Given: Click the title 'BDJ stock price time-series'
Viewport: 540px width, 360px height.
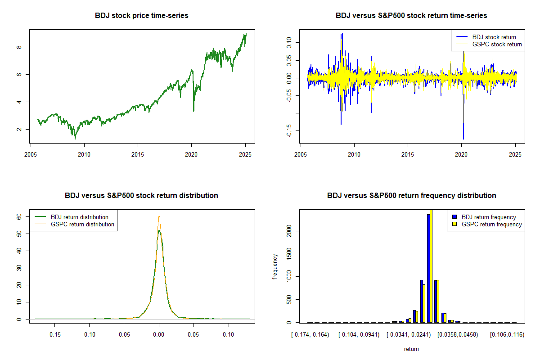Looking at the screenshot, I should (x=142, y=16).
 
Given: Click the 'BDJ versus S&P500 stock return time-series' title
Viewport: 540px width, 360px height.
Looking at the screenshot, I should (x=411, y=16).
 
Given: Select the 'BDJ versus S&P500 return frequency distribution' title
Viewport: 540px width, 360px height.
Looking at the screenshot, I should (x=411, y=196).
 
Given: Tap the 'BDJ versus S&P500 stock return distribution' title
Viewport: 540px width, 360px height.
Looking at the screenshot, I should (x=142, y=196).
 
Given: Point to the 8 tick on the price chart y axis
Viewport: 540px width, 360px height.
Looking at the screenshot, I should (x=21, y=47).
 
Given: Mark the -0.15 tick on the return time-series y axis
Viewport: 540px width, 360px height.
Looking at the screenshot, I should (x=291, y=131).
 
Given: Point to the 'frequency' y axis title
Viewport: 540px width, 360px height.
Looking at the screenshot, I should (x=275, y=266).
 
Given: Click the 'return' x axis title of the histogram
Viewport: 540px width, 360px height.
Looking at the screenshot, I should (x=411, y=349).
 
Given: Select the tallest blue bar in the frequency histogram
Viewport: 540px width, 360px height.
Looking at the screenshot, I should (x=428, y=268).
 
